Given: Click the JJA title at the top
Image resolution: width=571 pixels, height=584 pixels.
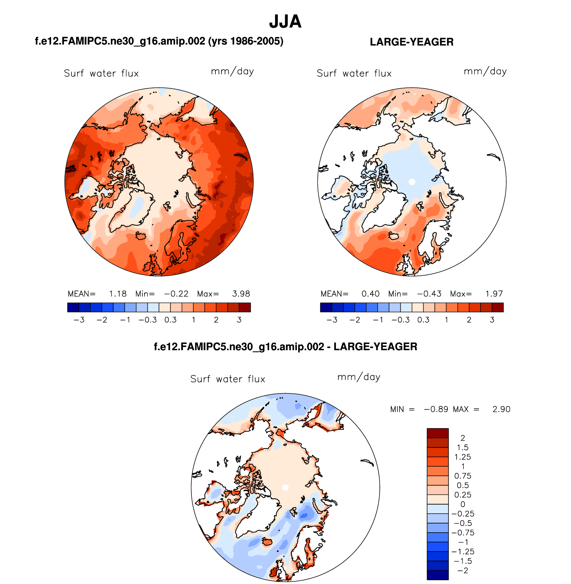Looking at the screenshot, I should (285, 22).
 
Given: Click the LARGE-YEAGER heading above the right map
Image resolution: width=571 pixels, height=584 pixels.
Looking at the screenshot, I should (411, 42).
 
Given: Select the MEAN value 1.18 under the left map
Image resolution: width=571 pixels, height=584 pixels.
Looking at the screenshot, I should (118, 294).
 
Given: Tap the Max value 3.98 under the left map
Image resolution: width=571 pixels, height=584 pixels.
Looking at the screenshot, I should (241, 294).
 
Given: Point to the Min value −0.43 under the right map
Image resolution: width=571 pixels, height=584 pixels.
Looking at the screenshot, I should (429, 294).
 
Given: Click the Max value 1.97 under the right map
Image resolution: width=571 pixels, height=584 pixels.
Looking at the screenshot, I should (494, 294).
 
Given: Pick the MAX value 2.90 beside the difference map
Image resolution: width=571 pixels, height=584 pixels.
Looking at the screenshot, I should (501, 409).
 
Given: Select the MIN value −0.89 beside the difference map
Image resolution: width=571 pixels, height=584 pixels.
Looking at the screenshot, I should (436, 409).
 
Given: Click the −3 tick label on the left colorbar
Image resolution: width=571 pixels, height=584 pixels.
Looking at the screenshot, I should (79, 320).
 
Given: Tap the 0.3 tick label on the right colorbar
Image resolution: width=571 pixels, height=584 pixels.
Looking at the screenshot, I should (423, 320).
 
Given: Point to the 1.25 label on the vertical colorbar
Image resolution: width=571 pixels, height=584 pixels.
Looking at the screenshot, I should (462, 457).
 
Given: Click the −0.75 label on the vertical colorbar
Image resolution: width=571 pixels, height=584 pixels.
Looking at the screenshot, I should (462, 533).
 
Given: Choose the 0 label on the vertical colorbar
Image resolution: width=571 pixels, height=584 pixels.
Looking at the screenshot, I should (463, 504).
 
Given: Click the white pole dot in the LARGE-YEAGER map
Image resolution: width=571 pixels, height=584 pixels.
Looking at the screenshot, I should (412, 182).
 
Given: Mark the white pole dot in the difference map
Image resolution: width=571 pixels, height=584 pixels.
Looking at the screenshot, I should (285, 488).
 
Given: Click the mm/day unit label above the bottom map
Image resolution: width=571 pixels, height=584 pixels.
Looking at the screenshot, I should (359, 377).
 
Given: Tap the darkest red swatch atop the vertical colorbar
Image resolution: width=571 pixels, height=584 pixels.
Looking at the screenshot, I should (437, 433).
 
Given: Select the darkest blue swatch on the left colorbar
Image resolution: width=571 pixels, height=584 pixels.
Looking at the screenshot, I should (73, 307).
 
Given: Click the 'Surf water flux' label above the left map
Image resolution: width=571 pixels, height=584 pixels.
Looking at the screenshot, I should (101, 73).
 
